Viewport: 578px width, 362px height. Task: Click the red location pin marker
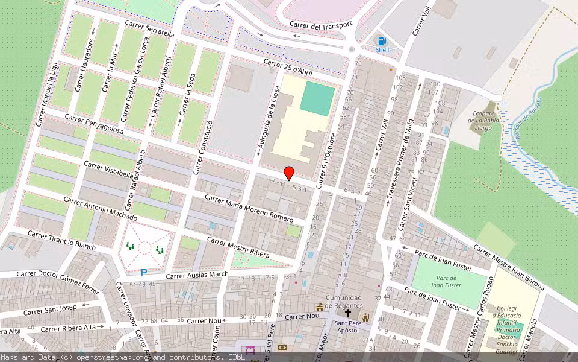289,173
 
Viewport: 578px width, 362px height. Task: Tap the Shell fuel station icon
382,41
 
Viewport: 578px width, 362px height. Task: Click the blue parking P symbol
144,273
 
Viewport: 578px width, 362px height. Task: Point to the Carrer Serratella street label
149,28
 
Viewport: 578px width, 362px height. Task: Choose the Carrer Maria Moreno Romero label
249,208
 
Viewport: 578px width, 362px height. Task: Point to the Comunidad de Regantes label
344,302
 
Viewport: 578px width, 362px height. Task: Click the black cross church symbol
347,314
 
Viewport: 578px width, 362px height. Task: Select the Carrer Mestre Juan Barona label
509,267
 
